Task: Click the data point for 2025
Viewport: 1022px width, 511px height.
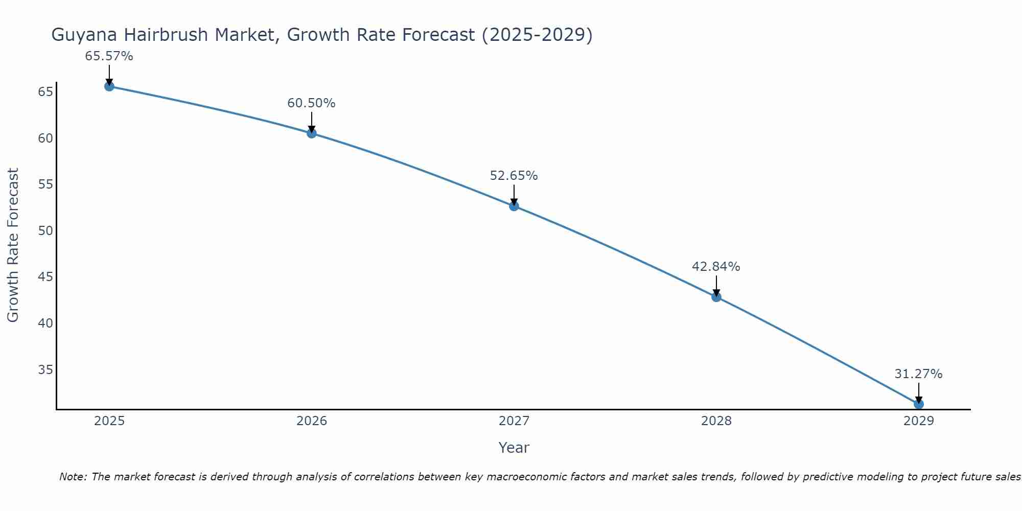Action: coord(109,86)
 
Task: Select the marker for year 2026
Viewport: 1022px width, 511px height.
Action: coord(312,133)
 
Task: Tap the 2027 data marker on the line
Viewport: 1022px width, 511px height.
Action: coord(514,206)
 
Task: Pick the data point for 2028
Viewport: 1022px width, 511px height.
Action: coord(716,297)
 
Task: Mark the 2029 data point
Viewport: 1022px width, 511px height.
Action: coord(918,404)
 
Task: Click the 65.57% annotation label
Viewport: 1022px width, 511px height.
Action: coord(109,56)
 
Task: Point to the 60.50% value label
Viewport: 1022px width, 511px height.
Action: coord(311,103)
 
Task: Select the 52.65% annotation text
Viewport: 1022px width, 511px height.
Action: coord(514,176)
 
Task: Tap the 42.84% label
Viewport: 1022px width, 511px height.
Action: coord(716,267)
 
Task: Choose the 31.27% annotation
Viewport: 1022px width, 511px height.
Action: coord(918,374)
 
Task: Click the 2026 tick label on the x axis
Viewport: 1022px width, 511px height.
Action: coord(312,421)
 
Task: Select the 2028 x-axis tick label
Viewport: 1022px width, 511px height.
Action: coord(716,421)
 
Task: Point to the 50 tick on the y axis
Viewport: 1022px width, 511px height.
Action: coord(45,230)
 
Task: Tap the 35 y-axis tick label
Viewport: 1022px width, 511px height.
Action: coord(45,369)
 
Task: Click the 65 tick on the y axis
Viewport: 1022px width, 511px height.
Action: coord(45,92)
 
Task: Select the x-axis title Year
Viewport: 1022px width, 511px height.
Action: coord(514,448)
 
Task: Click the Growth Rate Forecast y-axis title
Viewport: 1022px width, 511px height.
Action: coord(13,245)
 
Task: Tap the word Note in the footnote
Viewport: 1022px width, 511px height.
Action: coord(73,477)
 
